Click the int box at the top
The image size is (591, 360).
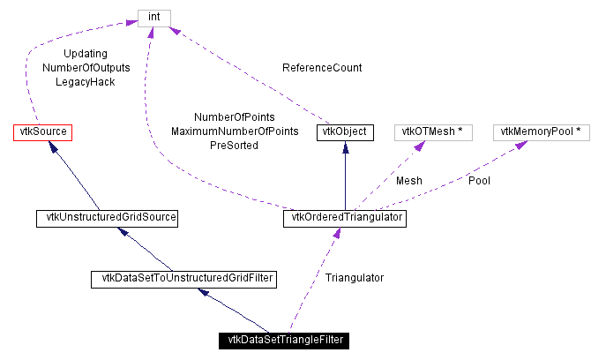153,17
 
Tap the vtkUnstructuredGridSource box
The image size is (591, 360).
106,216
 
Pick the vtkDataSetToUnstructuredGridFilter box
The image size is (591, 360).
183,279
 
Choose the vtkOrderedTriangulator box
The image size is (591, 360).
344,217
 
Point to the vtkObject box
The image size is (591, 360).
344,132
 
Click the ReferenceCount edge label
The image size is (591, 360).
322,68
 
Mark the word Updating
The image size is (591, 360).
86,54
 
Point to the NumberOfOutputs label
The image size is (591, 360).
86,68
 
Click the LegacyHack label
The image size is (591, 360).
86,82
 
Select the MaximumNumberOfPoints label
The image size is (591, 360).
235,131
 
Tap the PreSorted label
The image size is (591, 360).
235,146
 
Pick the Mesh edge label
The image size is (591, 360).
408,181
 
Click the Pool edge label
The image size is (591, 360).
479,181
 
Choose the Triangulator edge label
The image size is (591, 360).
355,278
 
